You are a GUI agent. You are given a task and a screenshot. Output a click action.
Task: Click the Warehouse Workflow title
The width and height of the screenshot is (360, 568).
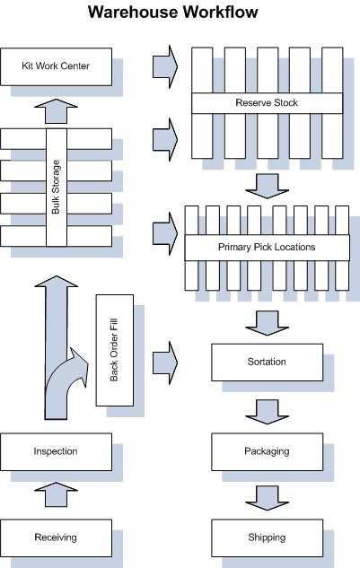pyautogui.click(x=172, y=12)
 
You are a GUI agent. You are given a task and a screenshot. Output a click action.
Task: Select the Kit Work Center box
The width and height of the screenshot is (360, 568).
pyautogui.click(x=57, y=66)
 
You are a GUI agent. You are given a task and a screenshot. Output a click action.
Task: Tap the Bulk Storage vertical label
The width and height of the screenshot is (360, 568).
pyautogui.click(x=57, y=187)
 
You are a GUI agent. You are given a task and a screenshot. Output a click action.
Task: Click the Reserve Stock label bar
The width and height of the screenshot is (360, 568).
pyautogui.click(x=267, y=103)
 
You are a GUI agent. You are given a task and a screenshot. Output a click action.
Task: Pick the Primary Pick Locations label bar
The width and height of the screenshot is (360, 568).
pyautogui.click(x=267, y=248)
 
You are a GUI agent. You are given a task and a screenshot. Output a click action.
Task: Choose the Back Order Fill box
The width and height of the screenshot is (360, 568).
pyautogui.click(x=115, y=350)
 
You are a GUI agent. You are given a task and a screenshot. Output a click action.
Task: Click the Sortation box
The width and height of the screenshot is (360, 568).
pyautogui.click(x=267, y=363)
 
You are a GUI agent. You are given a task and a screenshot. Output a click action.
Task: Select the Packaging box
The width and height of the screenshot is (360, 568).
pyautogui.click(x=267, y=451)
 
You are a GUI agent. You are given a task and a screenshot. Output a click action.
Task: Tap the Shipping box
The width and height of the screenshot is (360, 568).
pyautogui.click(x=267, y=537)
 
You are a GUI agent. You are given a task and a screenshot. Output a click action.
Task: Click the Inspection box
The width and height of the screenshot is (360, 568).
pyautogui.click(x=57, y=451)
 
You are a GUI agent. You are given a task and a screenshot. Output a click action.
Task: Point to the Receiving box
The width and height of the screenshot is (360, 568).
pyautogui.click(x=57, y=537)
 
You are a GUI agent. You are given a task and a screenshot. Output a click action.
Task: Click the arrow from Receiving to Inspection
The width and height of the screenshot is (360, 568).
pyautogui.click(x=57, y=494)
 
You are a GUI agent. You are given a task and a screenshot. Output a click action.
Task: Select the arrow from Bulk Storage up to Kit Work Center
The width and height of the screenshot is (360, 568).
pyautogui.click(x=57, y=111)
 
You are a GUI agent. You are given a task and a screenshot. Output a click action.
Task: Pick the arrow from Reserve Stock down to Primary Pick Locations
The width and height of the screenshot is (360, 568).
pyautogui.click(x=268, y=187)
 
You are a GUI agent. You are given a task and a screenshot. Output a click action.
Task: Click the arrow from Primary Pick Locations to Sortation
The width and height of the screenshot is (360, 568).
pyautogui.click(x=268, y=323)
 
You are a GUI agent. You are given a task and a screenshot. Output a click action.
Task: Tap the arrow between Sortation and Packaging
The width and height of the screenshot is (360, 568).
pyautogui.click(x=268, y=412)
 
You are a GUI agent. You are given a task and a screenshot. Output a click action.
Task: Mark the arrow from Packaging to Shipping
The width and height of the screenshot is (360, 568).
pyautogui.click(x=268, y=498)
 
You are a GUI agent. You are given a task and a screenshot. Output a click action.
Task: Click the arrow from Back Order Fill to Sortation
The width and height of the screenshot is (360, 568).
pyautogui.click(x=165, y=363)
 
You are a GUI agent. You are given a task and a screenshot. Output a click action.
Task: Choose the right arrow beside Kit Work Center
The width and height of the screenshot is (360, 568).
pyautogui.click(x=165, y=66)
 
